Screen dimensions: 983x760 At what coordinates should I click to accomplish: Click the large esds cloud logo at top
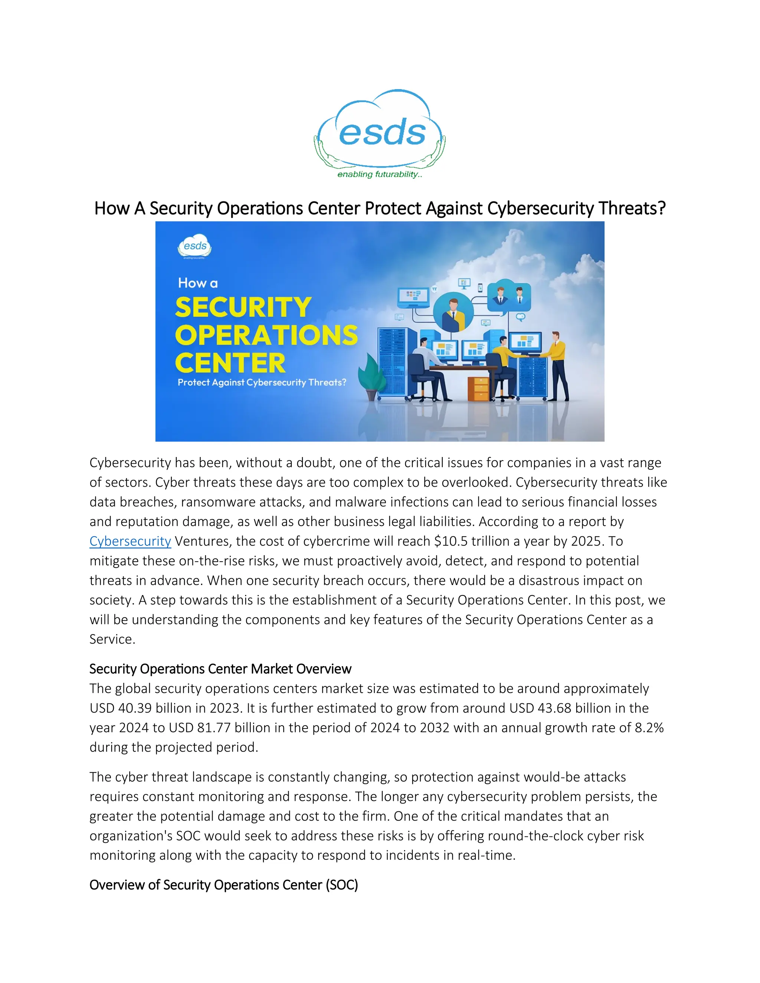[x=380, y=131]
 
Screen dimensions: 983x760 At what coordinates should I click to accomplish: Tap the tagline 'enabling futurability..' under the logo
[x=380, y=175]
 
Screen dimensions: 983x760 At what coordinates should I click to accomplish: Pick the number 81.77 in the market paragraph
[x=214, y=728]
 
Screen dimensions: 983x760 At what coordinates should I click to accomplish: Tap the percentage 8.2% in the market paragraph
[x=649, y=728]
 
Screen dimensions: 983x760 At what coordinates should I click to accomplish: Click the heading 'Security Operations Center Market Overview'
[x=220, y=669]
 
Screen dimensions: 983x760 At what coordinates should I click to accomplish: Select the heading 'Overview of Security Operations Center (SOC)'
[x=223, y=885]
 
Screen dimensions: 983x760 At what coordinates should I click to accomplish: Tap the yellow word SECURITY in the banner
[x=243, y=308]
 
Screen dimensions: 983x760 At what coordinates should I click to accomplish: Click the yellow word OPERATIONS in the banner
[x=266, y=335]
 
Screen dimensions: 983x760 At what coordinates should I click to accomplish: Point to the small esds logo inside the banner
[x=194, y=246]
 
